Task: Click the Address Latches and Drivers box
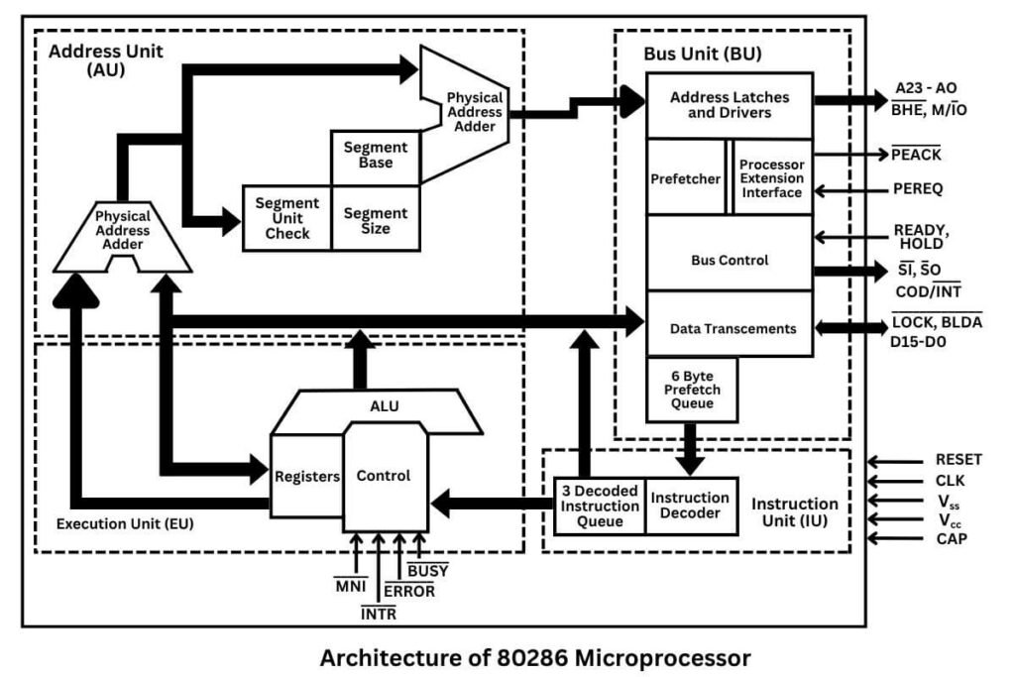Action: coord(730,105)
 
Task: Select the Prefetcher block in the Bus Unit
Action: coord(685,178)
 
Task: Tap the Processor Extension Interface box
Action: coord(772,178)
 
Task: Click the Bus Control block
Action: coord(730,260)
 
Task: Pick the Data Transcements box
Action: coord(730,328)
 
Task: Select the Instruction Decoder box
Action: coord(691,506)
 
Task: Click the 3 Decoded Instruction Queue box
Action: coord(600,506)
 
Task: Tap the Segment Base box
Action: coord(375,156)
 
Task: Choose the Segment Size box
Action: coord(375,220)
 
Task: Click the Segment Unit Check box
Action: coord(287,218)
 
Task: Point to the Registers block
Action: coord(306,477)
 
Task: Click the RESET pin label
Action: coord(958,460)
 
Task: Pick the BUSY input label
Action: coord(427,571)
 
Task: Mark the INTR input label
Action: coord(378,615)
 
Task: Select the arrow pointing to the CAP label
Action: coord(894,539)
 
